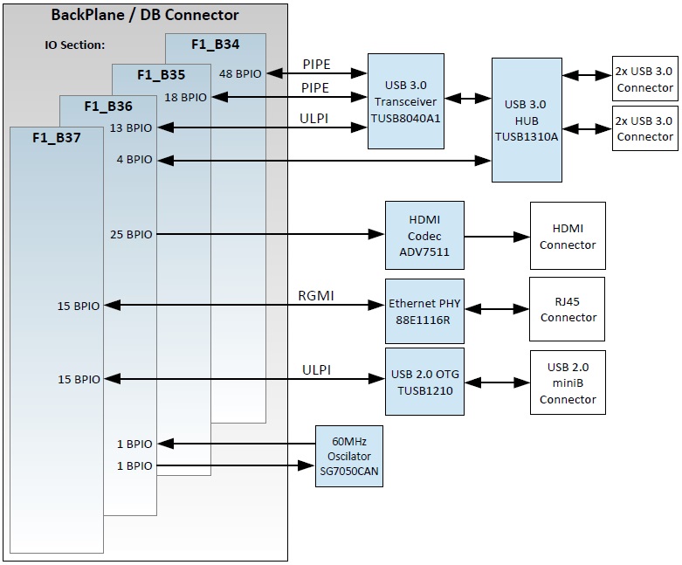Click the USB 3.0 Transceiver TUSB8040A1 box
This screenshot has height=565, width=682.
coord(406,100)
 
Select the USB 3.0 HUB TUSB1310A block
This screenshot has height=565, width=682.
coord(526,120)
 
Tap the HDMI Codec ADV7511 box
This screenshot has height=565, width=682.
coord(424,236)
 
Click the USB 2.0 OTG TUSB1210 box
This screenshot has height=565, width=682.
coord(424,381)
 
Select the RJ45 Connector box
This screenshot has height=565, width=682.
coord(568,309)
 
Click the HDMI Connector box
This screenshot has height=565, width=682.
coord(568,236)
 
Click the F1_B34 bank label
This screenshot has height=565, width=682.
coord(215,43)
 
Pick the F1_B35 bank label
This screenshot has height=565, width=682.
coord(161,74)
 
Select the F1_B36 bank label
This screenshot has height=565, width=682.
coord(108,106)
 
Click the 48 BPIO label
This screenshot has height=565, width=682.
coord(240,74)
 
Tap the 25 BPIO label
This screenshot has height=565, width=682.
coord(131,234)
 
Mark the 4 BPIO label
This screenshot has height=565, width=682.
coord(134,160)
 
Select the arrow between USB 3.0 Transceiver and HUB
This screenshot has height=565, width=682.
coord(468,99)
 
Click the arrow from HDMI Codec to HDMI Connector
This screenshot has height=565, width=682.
coord(497,236)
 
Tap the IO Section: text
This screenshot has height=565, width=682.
coord(74,45)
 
